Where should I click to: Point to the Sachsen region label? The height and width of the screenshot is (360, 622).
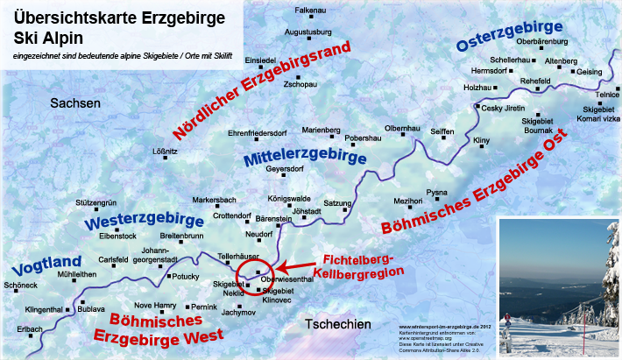(76, 103)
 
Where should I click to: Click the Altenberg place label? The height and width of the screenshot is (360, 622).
(562, 61)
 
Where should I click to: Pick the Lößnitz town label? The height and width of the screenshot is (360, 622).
(166, 152)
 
